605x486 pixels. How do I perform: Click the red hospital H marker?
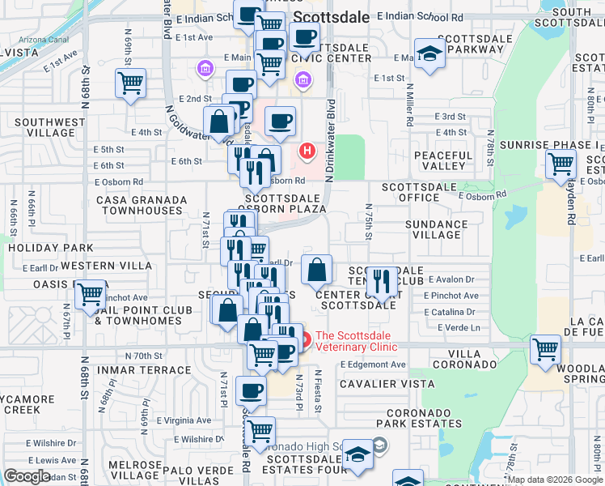click(x=307, y=151)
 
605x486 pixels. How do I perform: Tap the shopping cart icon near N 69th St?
click(x=130, y=83)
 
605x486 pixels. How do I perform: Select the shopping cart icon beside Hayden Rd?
click(x=561, y=164)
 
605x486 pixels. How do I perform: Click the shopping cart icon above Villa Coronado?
click(x=545, y=349)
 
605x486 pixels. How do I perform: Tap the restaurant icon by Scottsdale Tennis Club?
click(x=382, y=281)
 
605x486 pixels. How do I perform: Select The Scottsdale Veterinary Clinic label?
click(x=356, y=342)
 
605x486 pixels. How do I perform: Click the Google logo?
click(x=27, y=476)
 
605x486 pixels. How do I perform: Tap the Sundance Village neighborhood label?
click(x=437, y=228)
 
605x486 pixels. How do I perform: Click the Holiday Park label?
click(x=49, y=248)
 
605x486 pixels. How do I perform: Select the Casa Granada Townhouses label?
click(x=139, y=205)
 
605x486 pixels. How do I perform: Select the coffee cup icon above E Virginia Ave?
click(x=250, y=390)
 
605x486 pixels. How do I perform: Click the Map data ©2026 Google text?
click(x=553, y=480)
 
